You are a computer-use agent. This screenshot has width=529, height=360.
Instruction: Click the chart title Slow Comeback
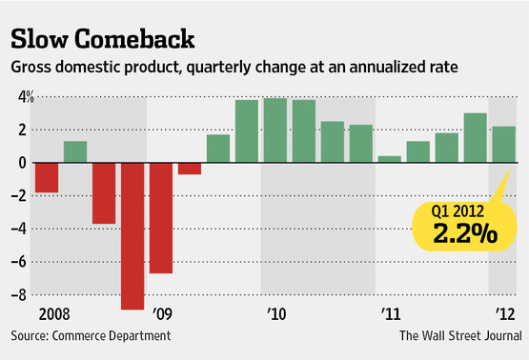point(103,39)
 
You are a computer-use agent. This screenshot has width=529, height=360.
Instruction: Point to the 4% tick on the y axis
point(26,97)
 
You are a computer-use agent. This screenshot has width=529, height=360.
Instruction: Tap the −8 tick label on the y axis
point(19,295)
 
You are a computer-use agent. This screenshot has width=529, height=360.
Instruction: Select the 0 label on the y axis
point(23,163)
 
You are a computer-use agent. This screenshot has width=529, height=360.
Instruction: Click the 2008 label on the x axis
point(54,314)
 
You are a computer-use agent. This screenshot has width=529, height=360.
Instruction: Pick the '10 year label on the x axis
point(276,314)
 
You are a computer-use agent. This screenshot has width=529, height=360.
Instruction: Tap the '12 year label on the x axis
point(505,314)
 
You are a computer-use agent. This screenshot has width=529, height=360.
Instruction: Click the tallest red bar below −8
point(132,236)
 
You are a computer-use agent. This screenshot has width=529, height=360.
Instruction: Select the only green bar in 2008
point(75,151)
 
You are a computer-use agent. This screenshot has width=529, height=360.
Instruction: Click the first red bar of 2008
point(47,178)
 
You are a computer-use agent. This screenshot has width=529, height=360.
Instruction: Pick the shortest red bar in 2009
point(190,169)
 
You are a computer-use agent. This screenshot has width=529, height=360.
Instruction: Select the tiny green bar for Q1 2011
point(390,159)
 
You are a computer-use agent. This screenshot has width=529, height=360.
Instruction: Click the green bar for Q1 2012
point(504,145)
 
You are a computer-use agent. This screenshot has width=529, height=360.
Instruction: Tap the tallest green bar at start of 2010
point(275,130)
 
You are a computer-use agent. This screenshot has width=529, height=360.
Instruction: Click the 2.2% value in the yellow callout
point(465,233)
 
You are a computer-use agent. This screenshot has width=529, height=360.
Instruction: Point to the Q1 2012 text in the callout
point(458,211)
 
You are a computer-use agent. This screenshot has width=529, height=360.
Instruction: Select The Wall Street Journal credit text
point(461,336)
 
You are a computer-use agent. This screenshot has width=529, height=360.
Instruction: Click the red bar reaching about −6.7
point(161,218)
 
